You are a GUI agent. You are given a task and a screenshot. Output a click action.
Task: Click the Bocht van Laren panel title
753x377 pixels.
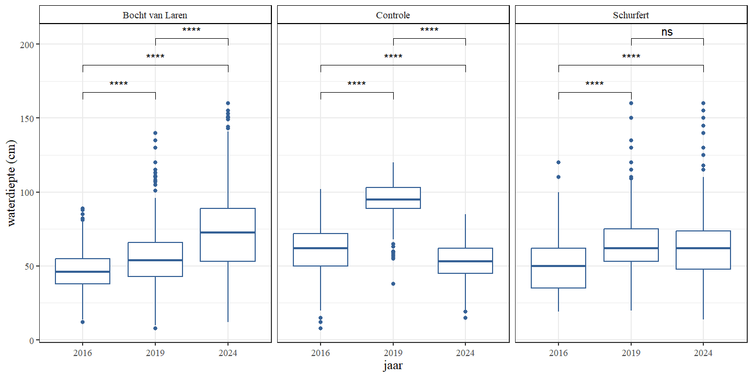coord(155,15)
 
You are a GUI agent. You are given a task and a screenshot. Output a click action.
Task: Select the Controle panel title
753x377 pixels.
coord(393,15)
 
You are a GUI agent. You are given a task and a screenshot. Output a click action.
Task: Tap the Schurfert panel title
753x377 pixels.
coord(631,15)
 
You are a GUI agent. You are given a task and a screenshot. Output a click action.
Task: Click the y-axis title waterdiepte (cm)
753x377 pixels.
coord(12,182)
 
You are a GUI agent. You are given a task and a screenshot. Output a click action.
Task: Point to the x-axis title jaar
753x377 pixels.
coord(393,366)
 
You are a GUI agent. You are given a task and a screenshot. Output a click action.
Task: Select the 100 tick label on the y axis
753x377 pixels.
coord(27,192)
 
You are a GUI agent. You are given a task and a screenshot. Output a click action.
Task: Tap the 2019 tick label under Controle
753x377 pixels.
coord(393,353)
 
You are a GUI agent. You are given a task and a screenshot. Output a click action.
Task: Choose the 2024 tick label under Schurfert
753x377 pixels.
coord(703,353)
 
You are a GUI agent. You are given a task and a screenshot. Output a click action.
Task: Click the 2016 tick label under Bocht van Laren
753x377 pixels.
coord(83,353)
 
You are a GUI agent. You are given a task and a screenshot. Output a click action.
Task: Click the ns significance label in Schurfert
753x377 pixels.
coord(667,32)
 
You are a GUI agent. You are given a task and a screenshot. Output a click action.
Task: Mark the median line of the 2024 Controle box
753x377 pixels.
coord(465,261)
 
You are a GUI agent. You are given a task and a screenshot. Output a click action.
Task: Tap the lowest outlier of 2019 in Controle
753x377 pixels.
coord(393,284)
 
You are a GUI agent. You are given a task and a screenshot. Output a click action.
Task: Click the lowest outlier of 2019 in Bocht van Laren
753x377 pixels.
coord(155,328)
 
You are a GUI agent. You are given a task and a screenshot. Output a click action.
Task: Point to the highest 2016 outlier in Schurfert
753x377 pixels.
coord(558,162)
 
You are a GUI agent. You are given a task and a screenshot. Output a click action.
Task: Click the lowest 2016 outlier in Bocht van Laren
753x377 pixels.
coord(83,322)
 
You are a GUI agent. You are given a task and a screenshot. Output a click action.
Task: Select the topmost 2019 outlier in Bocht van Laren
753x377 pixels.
coord(155,133)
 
